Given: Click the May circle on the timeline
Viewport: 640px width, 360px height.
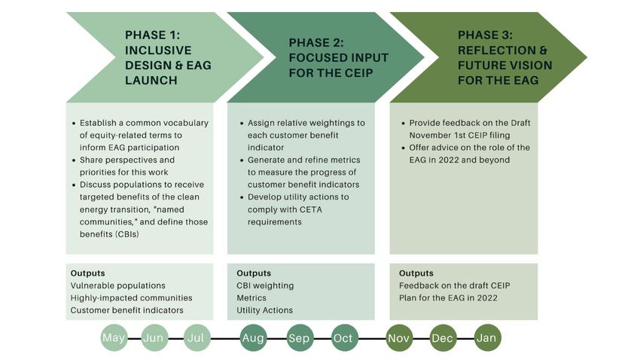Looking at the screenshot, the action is pyautogui.click(x=114, y=338).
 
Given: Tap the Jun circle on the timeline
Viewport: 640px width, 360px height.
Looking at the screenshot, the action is pyautogui.click(x=154, y=338).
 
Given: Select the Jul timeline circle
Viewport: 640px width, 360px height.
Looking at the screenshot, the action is pyautogui.click(x=197, y=338).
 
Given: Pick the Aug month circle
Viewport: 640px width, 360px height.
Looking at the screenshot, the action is pyautogui.click(x=253, y=338).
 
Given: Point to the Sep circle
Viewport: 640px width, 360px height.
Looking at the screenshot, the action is pyautogui.click(x=300, y=338).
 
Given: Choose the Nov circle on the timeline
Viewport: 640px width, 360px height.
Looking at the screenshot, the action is pyautogui.click(x=399, y=338).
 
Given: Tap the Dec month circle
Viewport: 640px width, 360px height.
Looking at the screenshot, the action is pyautogui.click(x=443, y=338).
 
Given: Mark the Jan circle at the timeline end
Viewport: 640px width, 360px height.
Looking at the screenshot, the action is pyautogui.click(x=487, y=338).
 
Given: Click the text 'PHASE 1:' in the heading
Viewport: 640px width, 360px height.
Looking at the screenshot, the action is pyautogui.click(x=152, y=35).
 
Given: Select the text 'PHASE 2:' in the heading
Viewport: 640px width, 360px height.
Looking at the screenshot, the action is pyautogui.click(x=316, y=43).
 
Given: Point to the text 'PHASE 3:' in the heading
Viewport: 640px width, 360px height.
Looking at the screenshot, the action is pyautogui.click(x=485, y=35).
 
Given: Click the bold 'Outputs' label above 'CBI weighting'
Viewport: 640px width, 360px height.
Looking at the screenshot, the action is pyautogui.click(x=254, y=273).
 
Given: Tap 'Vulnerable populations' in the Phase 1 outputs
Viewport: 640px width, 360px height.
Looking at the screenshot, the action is pyautogui.click(x=118, y=285).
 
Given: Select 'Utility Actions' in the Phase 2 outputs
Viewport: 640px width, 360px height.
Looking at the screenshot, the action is pyautogui.click(x=265, y=310).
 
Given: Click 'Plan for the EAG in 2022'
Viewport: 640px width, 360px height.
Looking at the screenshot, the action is pyautogui.click(x=448, y=298).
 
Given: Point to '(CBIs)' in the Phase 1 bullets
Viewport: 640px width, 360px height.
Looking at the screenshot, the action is pyautogui.click(x=127, y=234).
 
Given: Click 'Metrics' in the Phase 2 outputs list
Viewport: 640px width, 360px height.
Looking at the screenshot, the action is pyautogui.click(x=251, y=298).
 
